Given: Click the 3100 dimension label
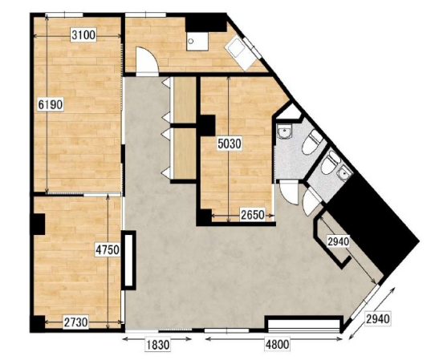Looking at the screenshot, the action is [83, 35].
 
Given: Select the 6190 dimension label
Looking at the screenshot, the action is [51, 105].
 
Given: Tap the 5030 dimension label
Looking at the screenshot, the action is [230, 144].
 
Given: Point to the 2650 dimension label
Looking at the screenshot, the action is [252, 215].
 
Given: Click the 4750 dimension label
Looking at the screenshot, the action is [108, 250].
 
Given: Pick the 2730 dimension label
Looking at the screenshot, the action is [75, 322].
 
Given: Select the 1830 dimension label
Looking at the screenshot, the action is [157, 345].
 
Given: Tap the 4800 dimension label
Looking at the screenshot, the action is [278, 345].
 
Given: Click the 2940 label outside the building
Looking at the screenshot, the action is [378, 319].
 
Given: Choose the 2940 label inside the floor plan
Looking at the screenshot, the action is [338, 241].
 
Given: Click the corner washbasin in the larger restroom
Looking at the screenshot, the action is [284, 131].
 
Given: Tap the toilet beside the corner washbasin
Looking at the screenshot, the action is [311, 142].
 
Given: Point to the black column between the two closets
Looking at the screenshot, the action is [208, 126].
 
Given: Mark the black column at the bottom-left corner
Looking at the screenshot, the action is [37, 324].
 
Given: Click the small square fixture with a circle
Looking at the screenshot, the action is [197, 42].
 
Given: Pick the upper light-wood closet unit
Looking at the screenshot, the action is [185, 100].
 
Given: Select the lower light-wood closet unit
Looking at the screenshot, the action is [185, 153].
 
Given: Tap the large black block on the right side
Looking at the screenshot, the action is [374, 226].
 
